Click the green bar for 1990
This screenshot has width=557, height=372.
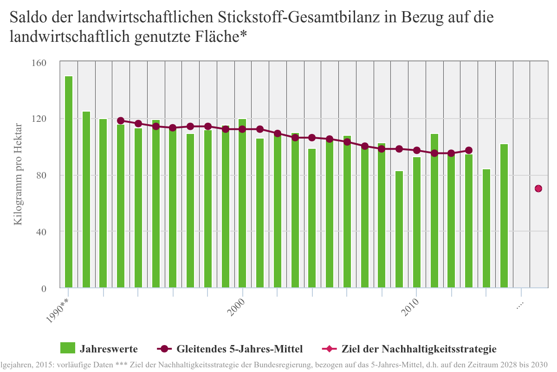[69, 181]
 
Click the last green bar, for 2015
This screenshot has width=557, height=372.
[504, 216]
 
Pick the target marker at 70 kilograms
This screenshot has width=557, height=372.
[538, 188]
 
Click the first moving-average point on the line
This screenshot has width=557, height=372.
[121, 120]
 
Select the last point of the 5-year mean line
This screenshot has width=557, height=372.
[469, 150]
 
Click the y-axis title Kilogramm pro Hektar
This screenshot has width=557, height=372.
[18, 174]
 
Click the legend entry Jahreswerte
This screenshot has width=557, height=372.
[108, 349]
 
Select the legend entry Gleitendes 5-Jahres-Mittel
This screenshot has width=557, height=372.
[240, 349]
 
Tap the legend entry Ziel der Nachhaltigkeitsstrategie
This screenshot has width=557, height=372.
[419, 349]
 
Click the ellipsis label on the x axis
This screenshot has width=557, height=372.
[519, 305]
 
